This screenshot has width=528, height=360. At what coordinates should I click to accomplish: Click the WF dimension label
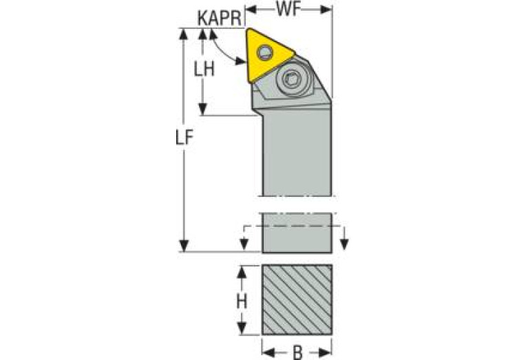click(289, 11)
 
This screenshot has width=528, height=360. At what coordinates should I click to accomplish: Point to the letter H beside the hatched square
click(242, 301)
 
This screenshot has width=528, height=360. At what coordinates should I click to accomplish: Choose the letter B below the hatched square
click(297, 352)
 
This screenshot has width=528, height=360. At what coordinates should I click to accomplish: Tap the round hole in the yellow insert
click(265, 52)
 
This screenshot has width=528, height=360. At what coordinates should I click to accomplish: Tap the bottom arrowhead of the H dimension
click(242, 328)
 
